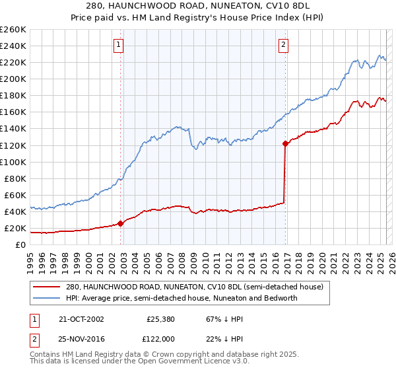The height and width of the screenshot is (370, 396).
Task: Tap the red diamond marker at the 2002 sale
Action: [121, 223]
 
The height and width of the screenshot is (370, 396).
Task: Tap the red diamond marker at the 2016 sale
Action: [286, 143]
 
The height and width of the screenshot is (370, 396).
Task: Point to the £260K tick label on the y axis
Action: [13, 30]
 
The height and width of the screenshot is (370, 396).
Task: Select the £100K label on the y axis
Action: [13, 162]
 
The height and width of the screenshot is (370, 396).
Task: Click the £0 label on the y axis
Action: [20, 245]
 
